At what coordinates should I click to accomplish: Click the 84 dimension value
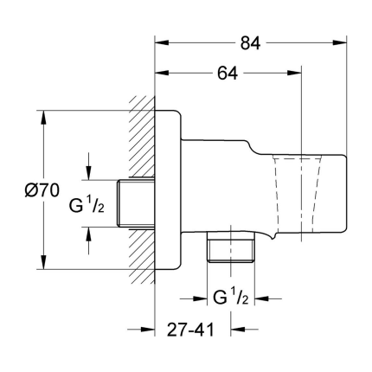click(250, 43)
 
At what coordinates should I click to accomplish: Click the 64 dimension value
click(228, 74)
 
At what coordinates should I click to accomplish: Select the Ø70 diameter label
click(42, 190)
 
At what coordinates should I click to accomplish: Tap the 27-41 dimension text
click(190, 330)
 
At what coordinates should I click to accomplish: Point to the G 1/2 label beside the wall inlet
click(87, 206)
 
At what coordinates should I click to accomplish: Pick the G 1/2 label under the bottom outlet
click(231, 298)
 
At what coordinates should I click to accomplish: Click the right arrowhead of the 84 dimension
click(339, 42)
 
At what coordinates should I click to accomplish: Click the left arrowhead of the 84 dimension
click(162, 42)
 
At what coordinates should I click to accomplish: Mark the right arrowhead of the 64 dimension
click(294, 73)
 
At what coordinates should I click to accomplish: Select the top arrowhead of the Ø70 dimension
click(43, 118)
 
